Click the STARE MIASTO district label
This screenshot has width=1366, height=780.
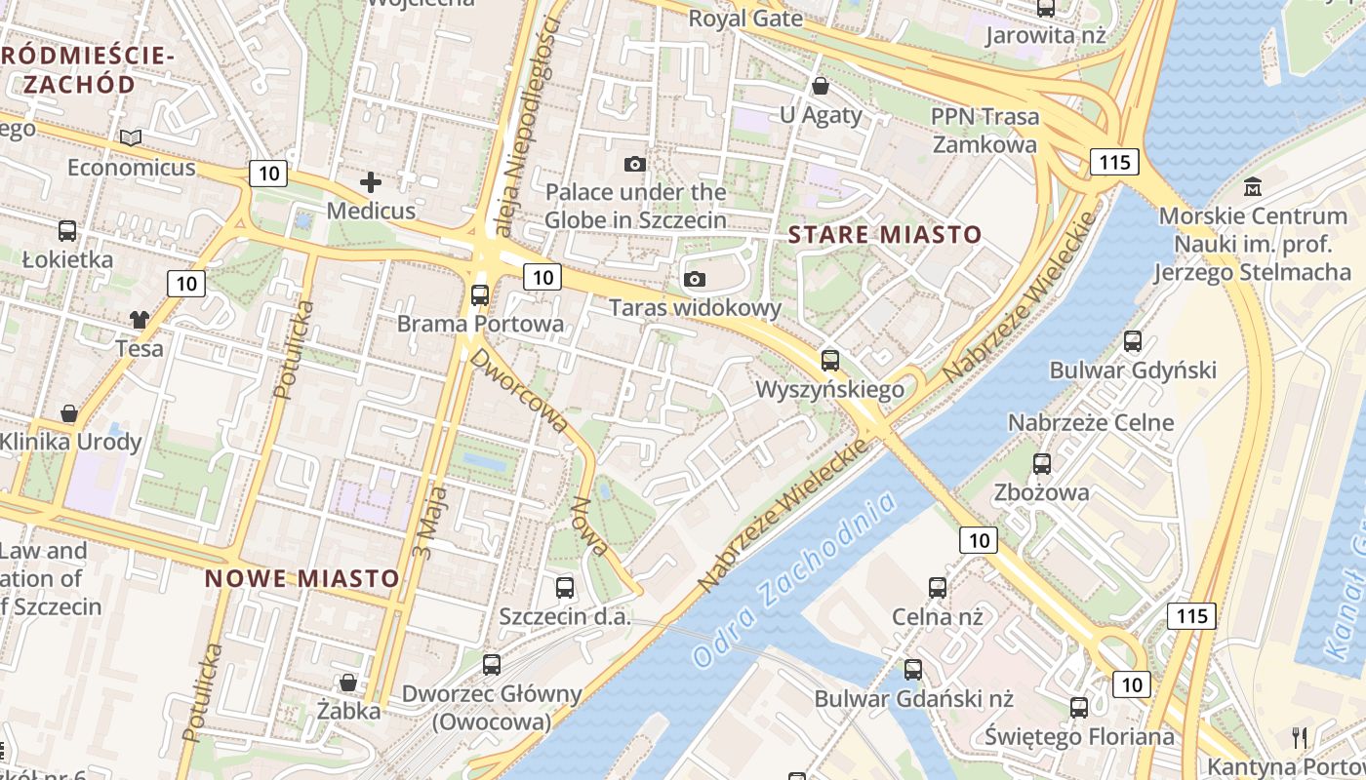pyautogui.click(x=884, y=234)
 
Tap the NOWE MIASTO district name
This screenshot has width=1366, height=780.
pyautogui.click(x=302, y=578)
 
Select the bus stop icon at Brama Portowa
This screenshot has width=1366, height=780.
pyautogui.click(x=480, y=294)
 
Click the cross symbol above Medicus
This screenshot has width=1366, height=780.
pyautogui.click(x=371, y=182)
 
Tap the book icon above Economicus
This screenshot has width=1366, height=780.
pyautogui.click(x=132, y=138)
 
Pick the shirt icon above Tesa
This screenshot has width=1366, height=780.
pyautogui.click(x=140, y=319)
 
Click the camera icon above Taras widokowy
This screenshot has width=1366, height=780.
pyautogui.click(x=695, y=280)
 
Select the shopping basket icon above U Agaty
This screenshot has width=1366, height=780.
pyautogui.click(x=821, y=86)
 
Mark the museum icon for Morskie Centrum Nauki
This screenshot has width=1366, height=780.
pyautogui.click(x=1253, y=186)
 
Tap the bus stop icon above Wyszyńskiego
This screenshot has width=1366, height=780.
pyautogui.click(x=829, y=361)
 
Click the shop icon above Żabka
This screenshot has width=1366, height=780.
pyautogui.click(x=347, y=682)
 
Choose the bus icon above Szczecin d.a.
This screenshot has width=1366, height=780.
pyautogui.click(x=565, y=587)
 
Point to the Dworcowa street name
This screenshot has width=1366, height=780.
pyautogui.click(x=520, y=390)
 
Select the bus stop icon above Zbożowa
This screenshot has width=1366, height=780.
pyautogui.click(x=1042, y=463)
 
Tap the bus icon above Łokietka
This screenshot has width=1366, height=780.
pyautogui.click(x=67, y=231)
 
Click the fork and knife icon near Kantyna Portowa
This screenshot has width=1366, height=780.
pyautogui.click(x=1299, y=737)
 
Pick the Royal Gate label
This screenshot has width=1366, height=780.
pyautogui.click(x=745, y=19)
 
